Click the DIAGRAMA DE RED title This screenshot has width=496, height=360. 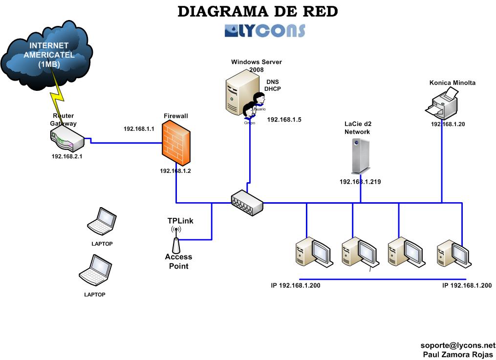point(257,11)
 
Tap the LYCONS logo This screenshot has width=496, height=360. point(265,30)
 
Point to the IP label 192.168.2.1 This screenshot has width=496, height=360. point(67,157)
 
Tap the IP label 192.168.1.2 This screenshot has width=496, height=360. point(175,171)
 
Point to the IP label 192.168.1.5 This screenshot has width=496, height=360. point(283,119)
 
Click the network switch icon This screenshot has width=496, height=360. point(247,202)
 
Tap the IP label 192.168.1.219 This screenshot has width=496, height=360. point(360,182)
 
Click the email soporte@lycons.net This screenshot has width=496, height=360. point(457,345)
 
